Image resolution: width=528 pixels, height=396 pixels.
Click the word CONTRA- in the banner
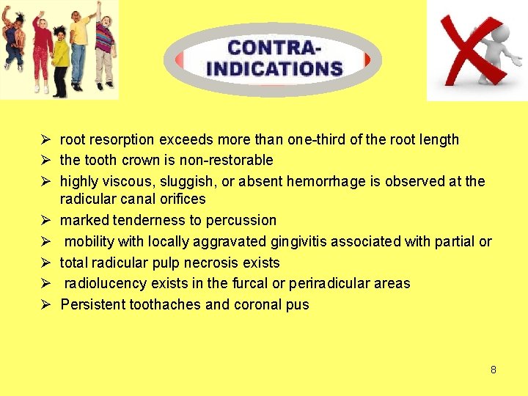click(274, 48)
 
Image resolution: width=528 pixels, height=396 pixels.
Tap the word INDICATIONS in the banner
click(274, 69)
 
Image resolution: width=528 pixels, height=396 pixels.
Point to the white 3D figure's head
click(501, 27)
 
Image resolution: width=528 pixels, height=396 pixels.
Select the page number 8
click(494, 370)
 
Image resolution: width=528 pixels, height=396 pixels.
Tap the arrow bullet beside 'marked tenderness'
click(45, 220)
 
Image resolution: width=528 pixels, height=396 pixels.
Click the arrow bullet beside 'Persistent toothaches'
click(45, 304)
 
